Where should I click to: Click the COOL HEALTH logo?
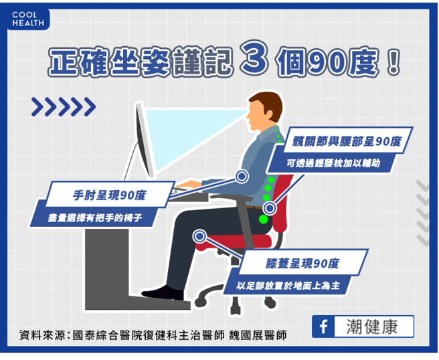pos(28,19)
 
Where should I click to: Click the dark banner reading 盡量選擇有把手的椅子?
pos(94,218)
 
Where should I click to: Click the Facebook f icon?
pos(324,327)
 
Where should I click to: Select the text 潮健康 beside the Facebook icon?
pos(372,327)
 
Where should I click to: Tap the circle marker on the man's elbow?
pos(242,177)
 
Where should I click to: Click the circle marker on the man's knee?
pos(199,236)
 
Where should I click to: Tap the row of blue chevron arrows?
pos(64,106)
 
